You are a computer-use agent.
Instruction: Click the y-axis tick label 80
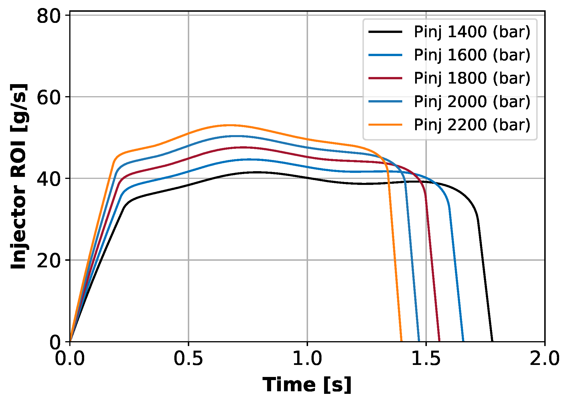[49, 16]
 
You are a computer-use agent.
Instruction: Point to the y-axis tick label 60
[49, 98]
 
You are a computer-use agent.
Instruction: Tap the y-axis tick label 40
[49, 179]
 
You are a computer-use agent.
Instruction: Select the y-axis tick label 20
[49, 261]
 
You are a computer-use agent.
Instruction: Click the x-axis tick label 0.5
[188, 359]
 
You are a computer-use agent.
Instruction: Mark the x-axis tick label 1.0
[307, 359]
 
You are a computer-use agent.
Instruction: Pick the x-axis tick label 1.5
[426, 359]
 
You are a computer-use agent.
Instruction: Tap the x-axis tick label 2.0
[544, 359]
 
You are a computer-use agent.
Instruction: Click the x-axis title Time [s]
[307, 385]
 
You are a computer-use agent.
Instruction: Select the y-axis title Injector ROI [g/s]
[19, 176]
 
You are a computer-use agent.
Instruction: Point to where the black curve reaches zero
[492, 341]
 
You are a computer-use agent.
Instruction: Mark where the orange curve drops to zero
[401, 341]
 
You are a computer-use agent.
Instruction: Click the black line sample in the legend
[385, 32]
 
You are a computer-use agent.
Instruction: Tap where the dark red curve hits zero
[439, 341]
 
